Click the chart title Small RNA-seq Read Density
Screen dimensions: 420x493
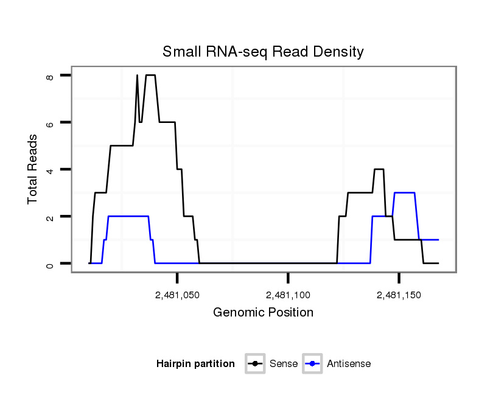click(x=263, y=52)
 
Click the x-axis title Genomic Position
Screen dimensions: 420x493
click(x=263, y=313)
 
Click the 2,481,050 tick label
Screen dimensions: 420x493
click(x=177, y=295)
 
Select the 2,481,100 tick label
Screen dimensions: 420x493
click(x=288, y=295)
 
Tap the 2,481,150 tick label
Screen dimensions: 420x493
click(x=399, y=295)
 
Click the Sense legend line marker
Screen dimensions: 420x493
click(x=255, y=364)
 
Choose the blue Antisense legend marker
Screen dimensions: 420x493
click(x=312, y=364)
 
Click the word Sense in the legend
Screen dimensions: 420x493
click(x=282, y=364)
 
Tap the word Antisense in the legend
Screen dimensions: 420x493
click(x=349, y=364)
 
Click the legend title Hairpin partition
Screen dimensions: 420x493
click(x=195, y=364)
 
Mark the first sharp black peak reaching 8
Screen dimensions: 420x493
click(x=137, y=75)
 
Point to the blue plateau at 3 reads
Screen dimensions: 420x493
click(x=404, y=193)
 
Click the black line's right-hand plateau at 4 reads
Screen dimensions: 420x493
click(x=379, y=169)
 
